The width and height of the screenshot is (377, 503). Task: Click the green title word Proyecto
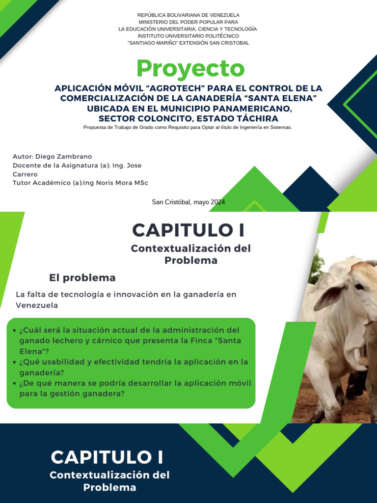[x=190, y=69]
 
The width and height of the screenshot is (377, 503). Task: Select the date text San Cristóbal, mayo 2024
[x=188, y=202]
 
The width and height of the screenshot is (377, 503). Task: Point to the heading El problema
[x=82, y=278]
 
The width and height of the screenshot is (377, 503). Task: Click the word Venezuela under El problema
[x=37, y=305]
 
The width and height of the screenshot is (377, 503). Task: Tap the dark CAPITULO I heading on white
[x=188, y=230]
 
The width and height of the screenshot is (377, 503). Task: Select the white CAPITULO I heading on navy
[x=107, y=457]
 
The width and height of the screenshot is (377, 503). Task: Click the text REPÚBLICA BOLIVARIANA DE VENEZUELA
[x=188, y=15]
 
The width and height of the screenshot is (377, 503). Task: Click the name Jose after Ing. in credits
[x=134, y=165]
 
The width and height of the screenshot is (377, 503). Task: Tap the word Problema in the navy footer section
[x=109, y=488]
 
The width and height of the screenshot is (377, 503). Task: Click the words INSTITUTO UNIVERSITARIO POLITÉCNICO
[x=188, y=36]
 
